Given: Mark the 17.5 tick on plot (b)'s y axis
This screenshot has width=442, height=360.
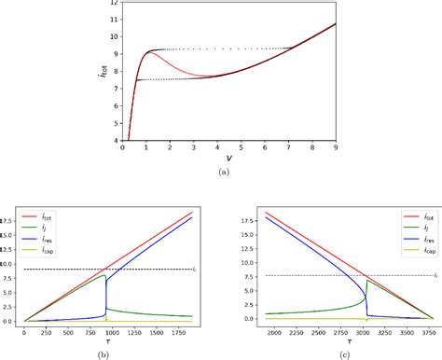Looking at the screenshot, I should [x=8, y=220].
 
